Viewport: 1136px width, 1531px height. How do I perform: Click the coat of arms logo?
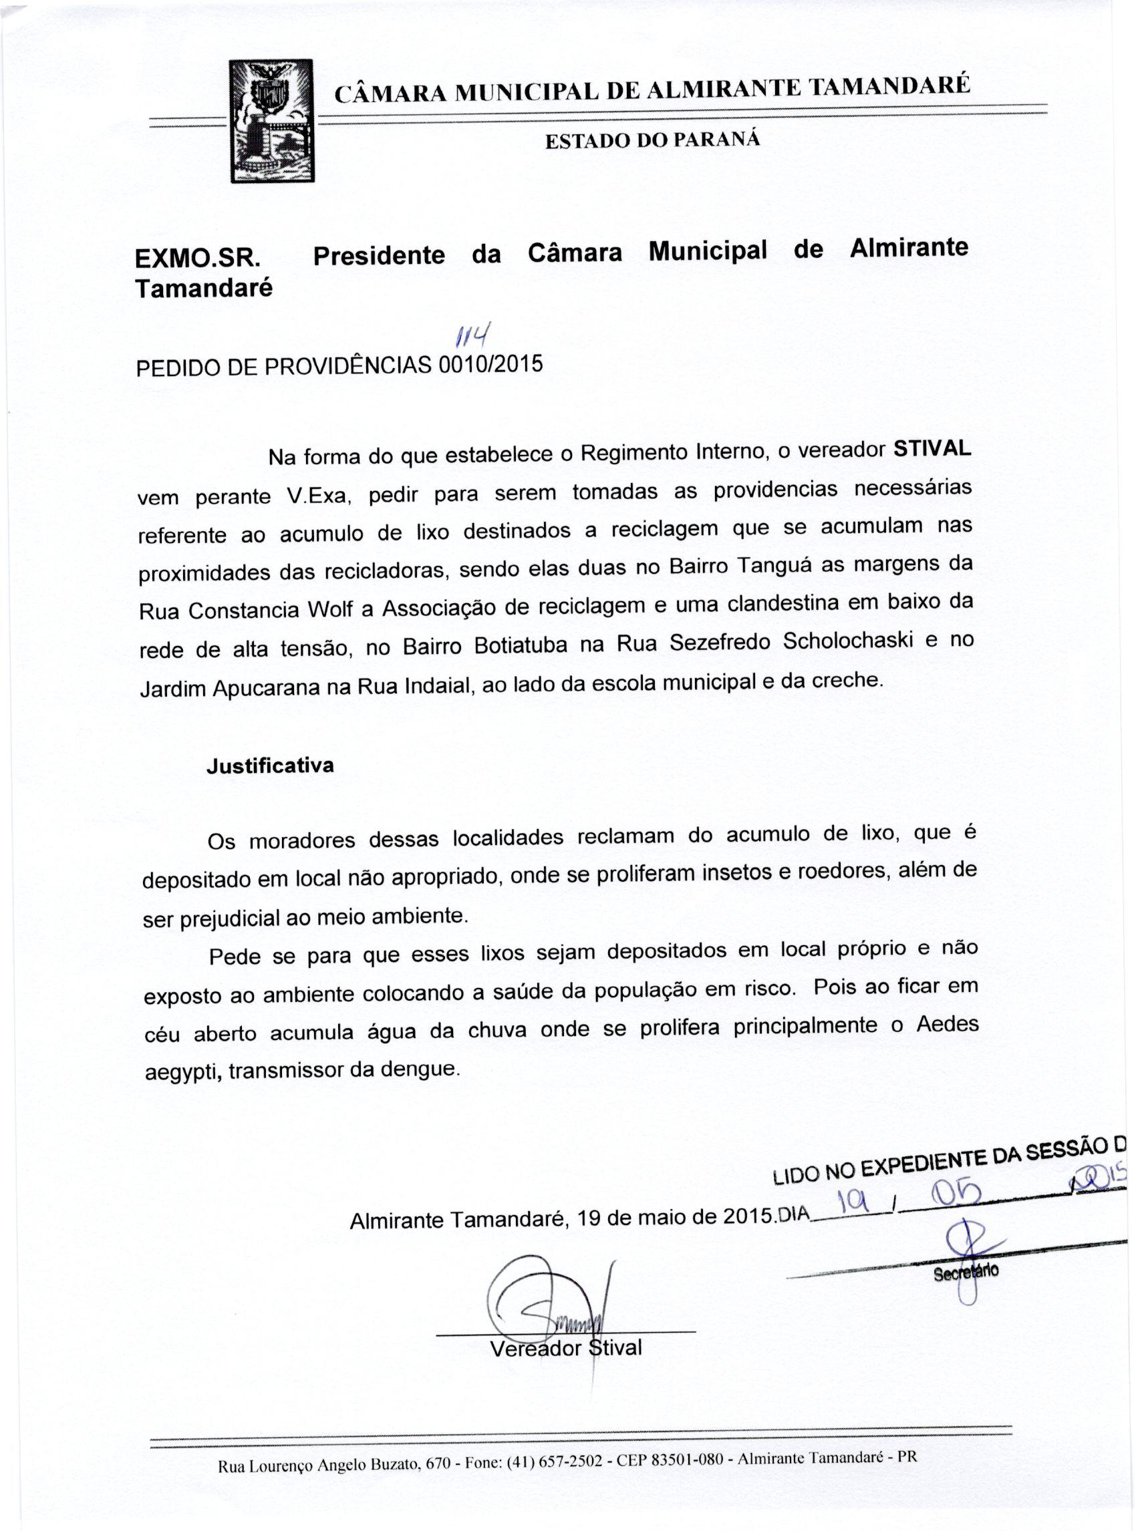click(x=271, y=120)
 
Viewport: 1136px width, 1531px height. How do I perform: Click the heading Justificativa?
click(x=270, y=766)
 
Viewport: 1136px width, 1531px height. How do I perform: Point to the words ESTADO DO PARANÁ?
click(x=653, y=140)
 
